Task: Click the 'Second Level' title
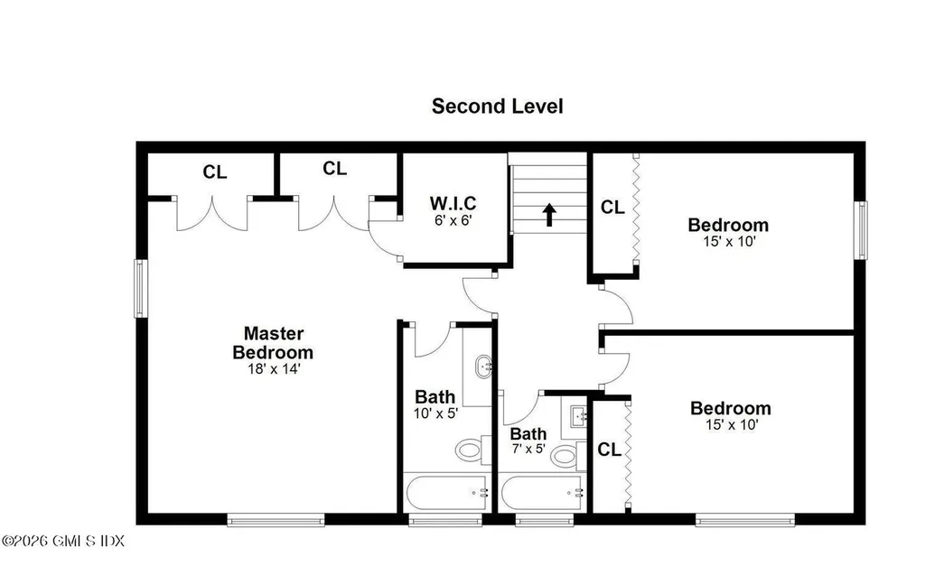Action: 497,106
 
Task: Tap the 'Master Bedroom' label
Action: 273,343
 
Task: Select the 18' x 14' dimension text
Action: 273,368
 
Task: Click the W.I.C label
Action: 453,202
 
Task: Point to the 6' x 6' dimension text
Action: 453,220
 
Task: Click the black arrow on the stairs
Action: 548,215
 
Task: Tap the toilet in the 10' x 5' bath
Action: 470,448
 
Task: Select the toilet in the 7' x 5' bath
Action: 565,454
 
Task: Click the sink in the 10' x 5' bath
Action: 484,367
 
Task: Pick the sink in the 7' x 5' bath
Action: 579,416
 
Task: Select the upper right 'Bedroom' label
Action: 728,225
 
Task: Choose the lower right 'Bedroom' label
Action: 730,408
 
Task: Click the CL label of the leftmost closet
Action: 214,172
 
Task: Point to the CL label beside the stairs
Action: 612,207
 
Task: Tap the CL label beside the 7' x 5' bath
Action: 610,450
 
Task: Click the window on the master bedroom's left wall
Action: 141,288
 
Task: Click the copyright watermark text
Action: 62,541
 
